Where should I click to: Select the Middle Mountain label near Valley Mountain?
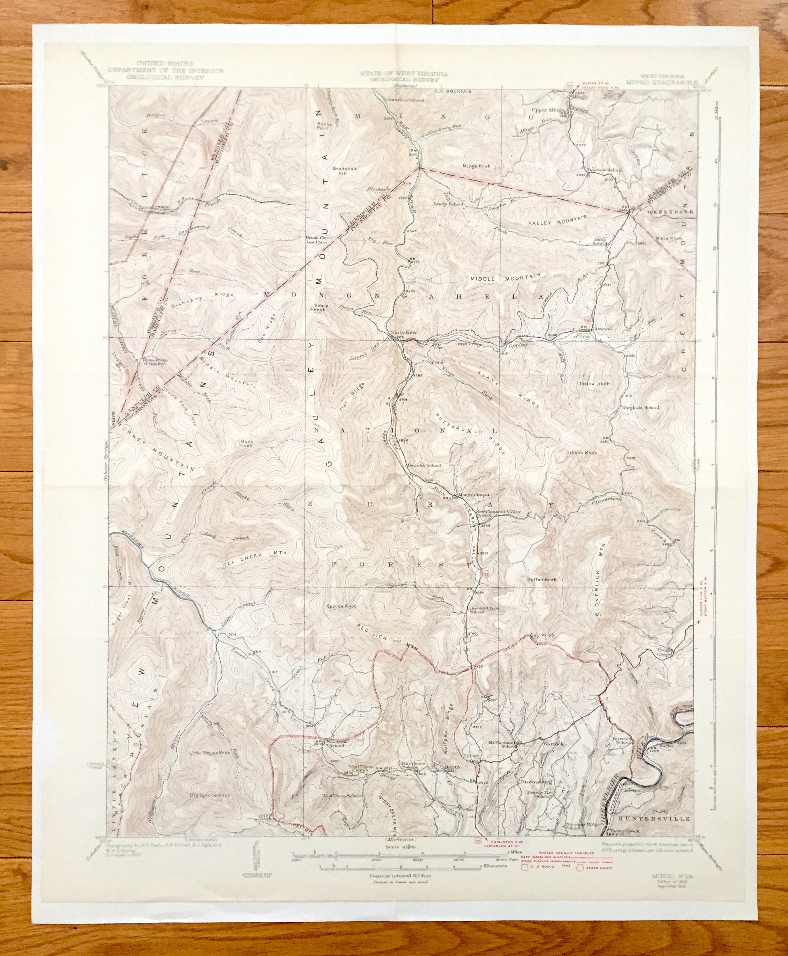pyautogui.click(x=505, y=278)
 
